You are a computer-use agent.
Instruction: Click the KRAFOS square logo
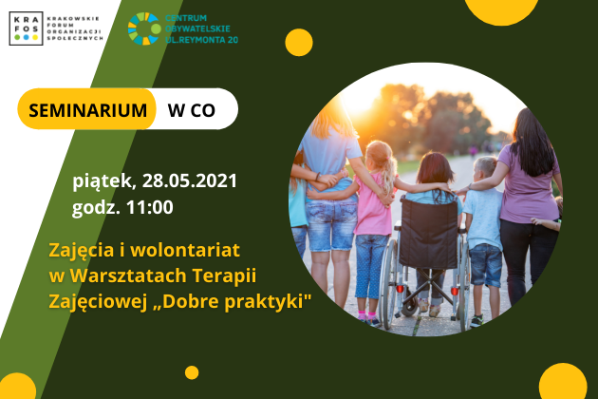pyautogui.click(x=26, y=28)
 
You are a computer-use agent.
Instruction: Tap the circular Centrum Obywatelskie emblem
pyautogui.click(x=144, y=28)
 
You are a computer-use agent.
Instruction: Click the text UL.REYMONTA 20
pyautogui.click(x=202, y=39)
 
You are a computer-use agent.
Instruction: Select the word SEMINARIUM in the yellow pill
pyautogui.click(x=87, y=110)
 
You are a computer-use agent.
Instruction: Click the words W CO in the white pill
pyautogui.click(x=192, y=110)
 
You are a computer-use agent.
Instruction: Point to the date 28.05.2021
pyautogui.click(x=190, y=180)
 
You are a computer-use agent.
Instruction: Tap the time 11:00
pyautogui.click(x=150, y=207)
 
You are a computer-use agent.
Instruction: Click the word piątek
pyautogui.click(x=102, y=181)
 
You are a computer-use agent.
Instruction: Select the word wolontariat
pyautogui.click(x=185, y=250)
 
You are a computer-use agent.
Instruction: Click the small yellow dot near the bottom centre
pyautogui.click(x=192, y=372)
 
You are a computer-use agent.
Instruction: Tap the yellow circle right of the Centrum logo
pyautogui.click(x=299, y=43)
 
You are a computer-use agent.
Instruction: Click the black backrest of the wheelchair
pyautogui.click(x=429, y=233)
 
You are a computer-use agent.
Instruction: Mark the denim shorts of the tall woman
pyautogui.click(x=331, y=224)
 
